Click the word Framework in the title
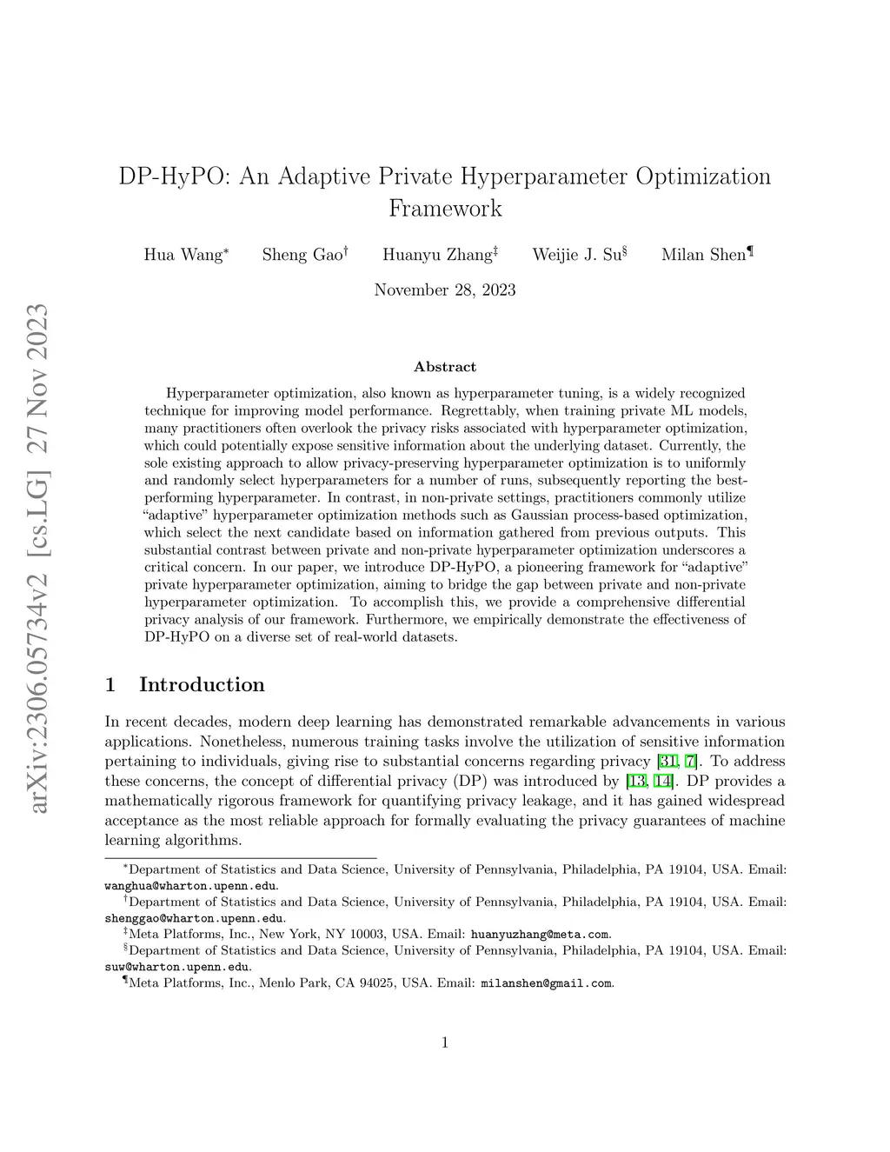click(x=445, y=209)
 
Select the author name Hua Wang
click(x=183, y=255)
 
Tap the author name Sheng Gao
click(x=302, y=255)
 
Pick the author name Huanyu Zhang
click(x=437, y=255)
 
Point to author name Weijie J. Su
click(x=576, y=255)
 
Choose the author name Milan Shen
click(x=704, y=255)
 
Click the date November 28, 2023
click(x=445, y=290)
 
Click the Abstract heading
click(x=445, y=367)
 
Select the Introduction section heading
click(x=202, y=684)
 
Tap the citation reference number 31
click(x=668, y=761)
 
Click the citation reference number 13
click(x=636, y=781)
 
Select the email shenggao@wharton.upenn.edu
click(x=194, y=918)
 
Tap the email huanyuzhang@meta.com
click(x=539, y=935)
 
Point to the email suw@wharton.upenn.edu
click(x=177, y=967)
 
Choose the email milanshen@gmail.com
click(x=547, y=983)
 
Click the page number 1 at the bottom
click(x=445, y=1042)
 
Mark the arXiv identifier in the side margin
click(x=39, y=556)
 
